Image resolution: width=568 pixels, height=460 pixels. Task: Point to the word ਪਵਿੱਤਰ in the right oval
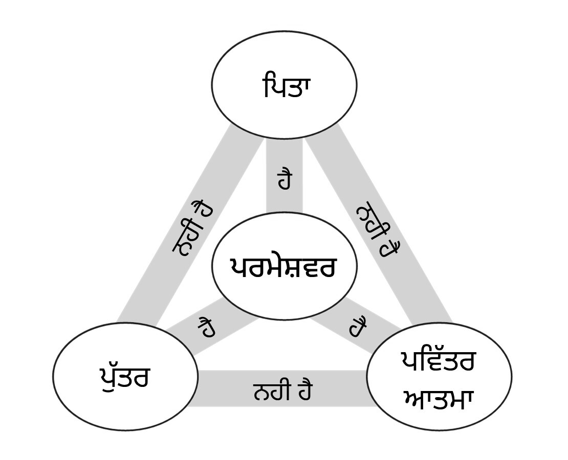point(438,362)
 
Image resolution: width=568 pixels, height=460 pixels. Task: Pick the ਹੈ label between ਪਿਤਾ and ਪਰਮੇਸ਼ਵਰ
point(285,179)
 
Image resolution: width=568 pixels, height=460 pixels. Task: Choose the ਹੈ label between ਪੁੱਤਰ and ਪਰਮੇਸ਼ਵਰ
point(206,327)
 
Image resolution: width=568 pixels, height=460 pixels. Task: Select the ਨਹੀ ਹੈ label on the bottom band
point(282,391)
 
